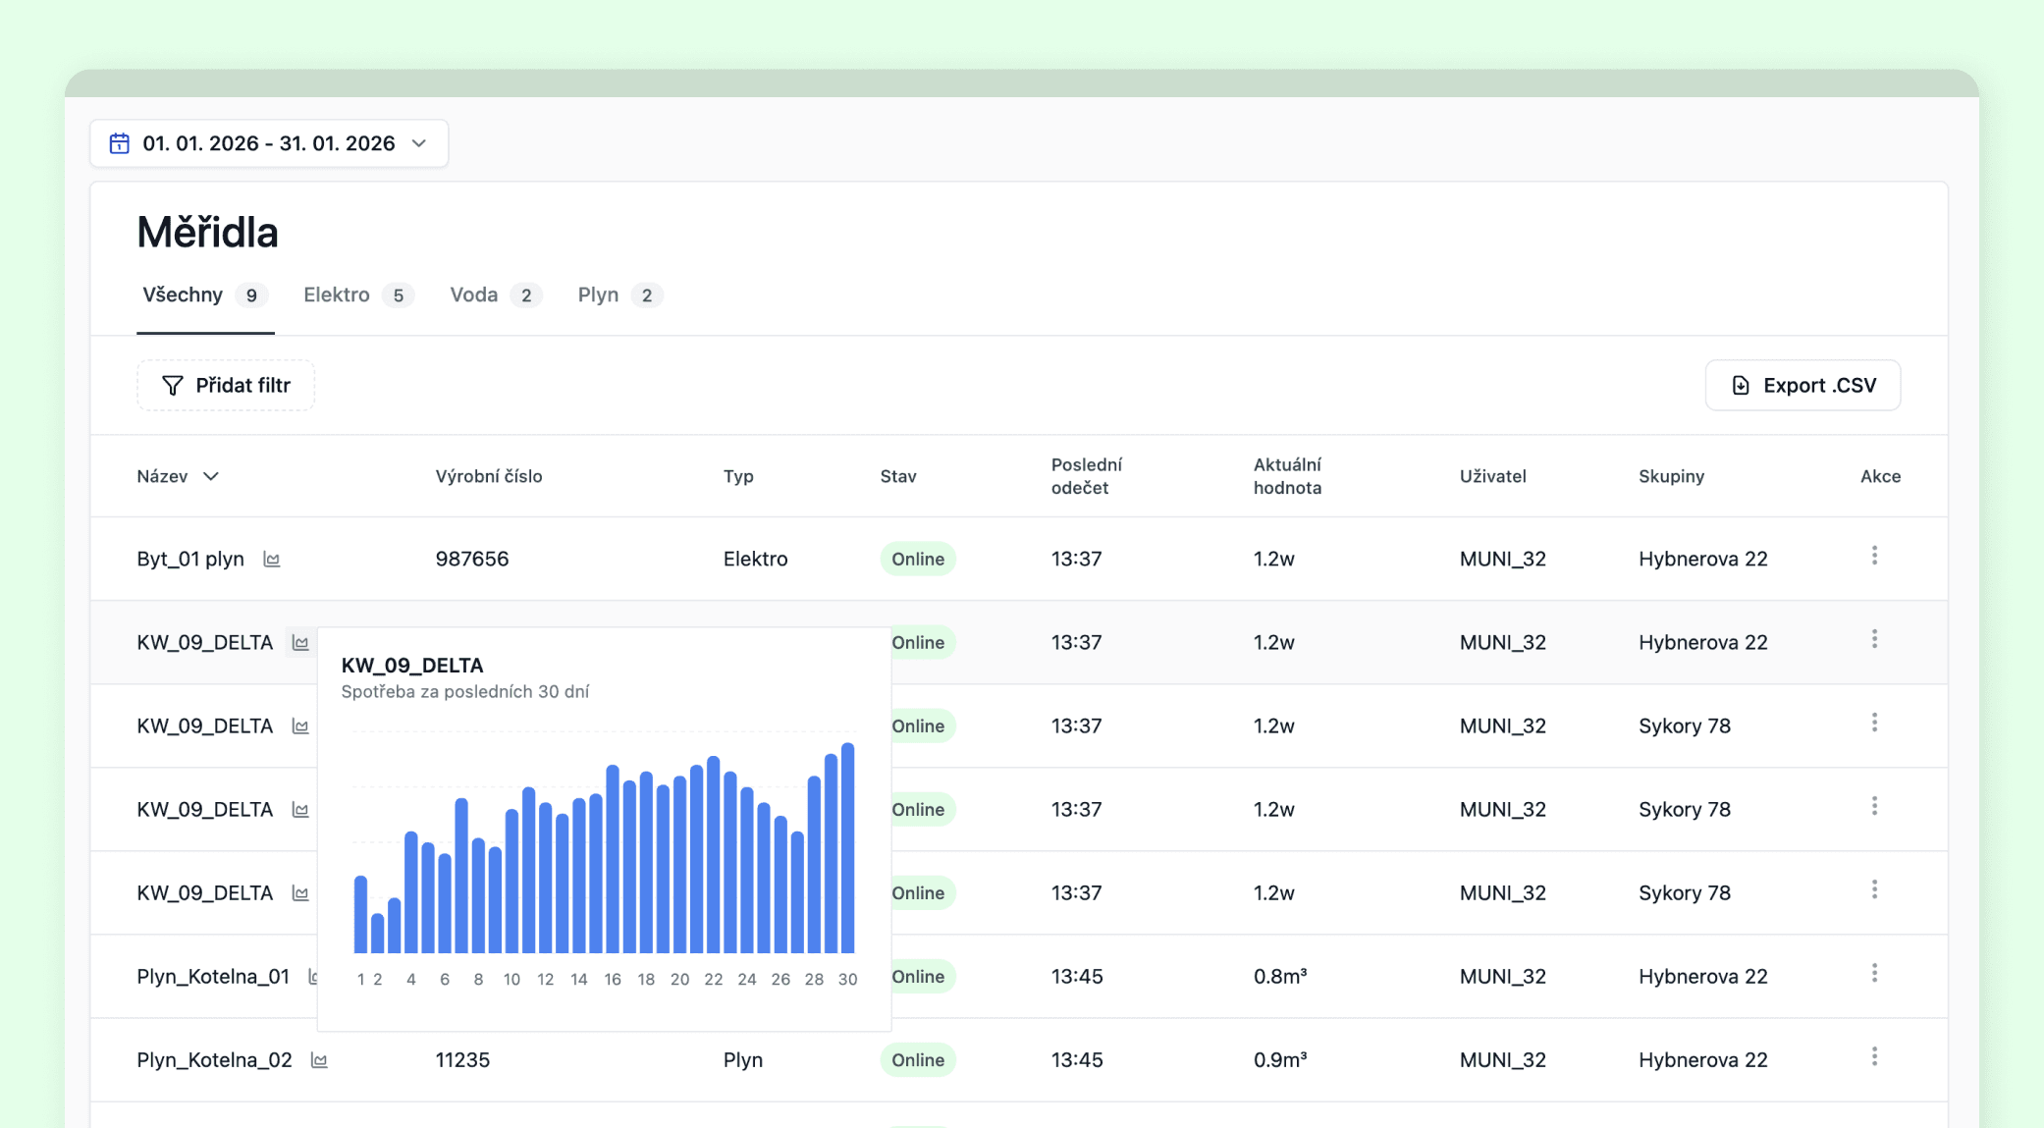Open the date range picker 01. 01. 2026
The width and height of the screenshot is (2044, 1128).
[268, 143]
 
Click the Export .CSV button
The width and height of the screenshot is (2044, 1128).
[1802, 385]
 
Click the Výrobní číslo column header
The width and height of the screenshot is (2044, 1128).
[489, 476]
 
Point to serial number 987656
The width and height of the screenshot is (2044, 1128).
[472, 559]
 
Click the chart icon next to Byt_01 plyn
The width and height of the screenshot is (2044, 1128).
[272, 560]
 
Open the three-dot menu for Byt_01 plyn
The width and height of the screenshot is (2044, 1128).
[1874, 556]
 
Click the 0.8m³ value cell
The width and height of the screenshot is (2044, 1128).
[1280, 976]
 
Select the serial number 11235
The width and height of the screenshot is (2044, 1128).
[462, 1059]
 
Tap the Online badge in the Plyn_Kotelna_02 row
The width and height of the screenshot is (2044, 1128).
[917, 1059]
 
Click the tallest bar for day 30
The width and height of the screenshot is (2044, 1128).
[847, 848]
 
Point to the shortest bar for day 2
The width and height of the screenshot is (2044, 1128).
[377, 933]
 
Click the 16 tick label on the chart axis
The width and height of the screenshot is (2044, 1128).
[613, 979]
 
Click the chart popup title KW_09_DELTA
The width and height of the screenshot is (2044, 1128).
[412, 665]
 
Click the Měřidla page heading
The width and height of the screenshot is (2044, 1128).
[207, 233]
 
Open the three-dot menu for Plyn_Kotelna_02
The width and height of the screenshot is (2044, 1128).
[1874, 1056]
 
